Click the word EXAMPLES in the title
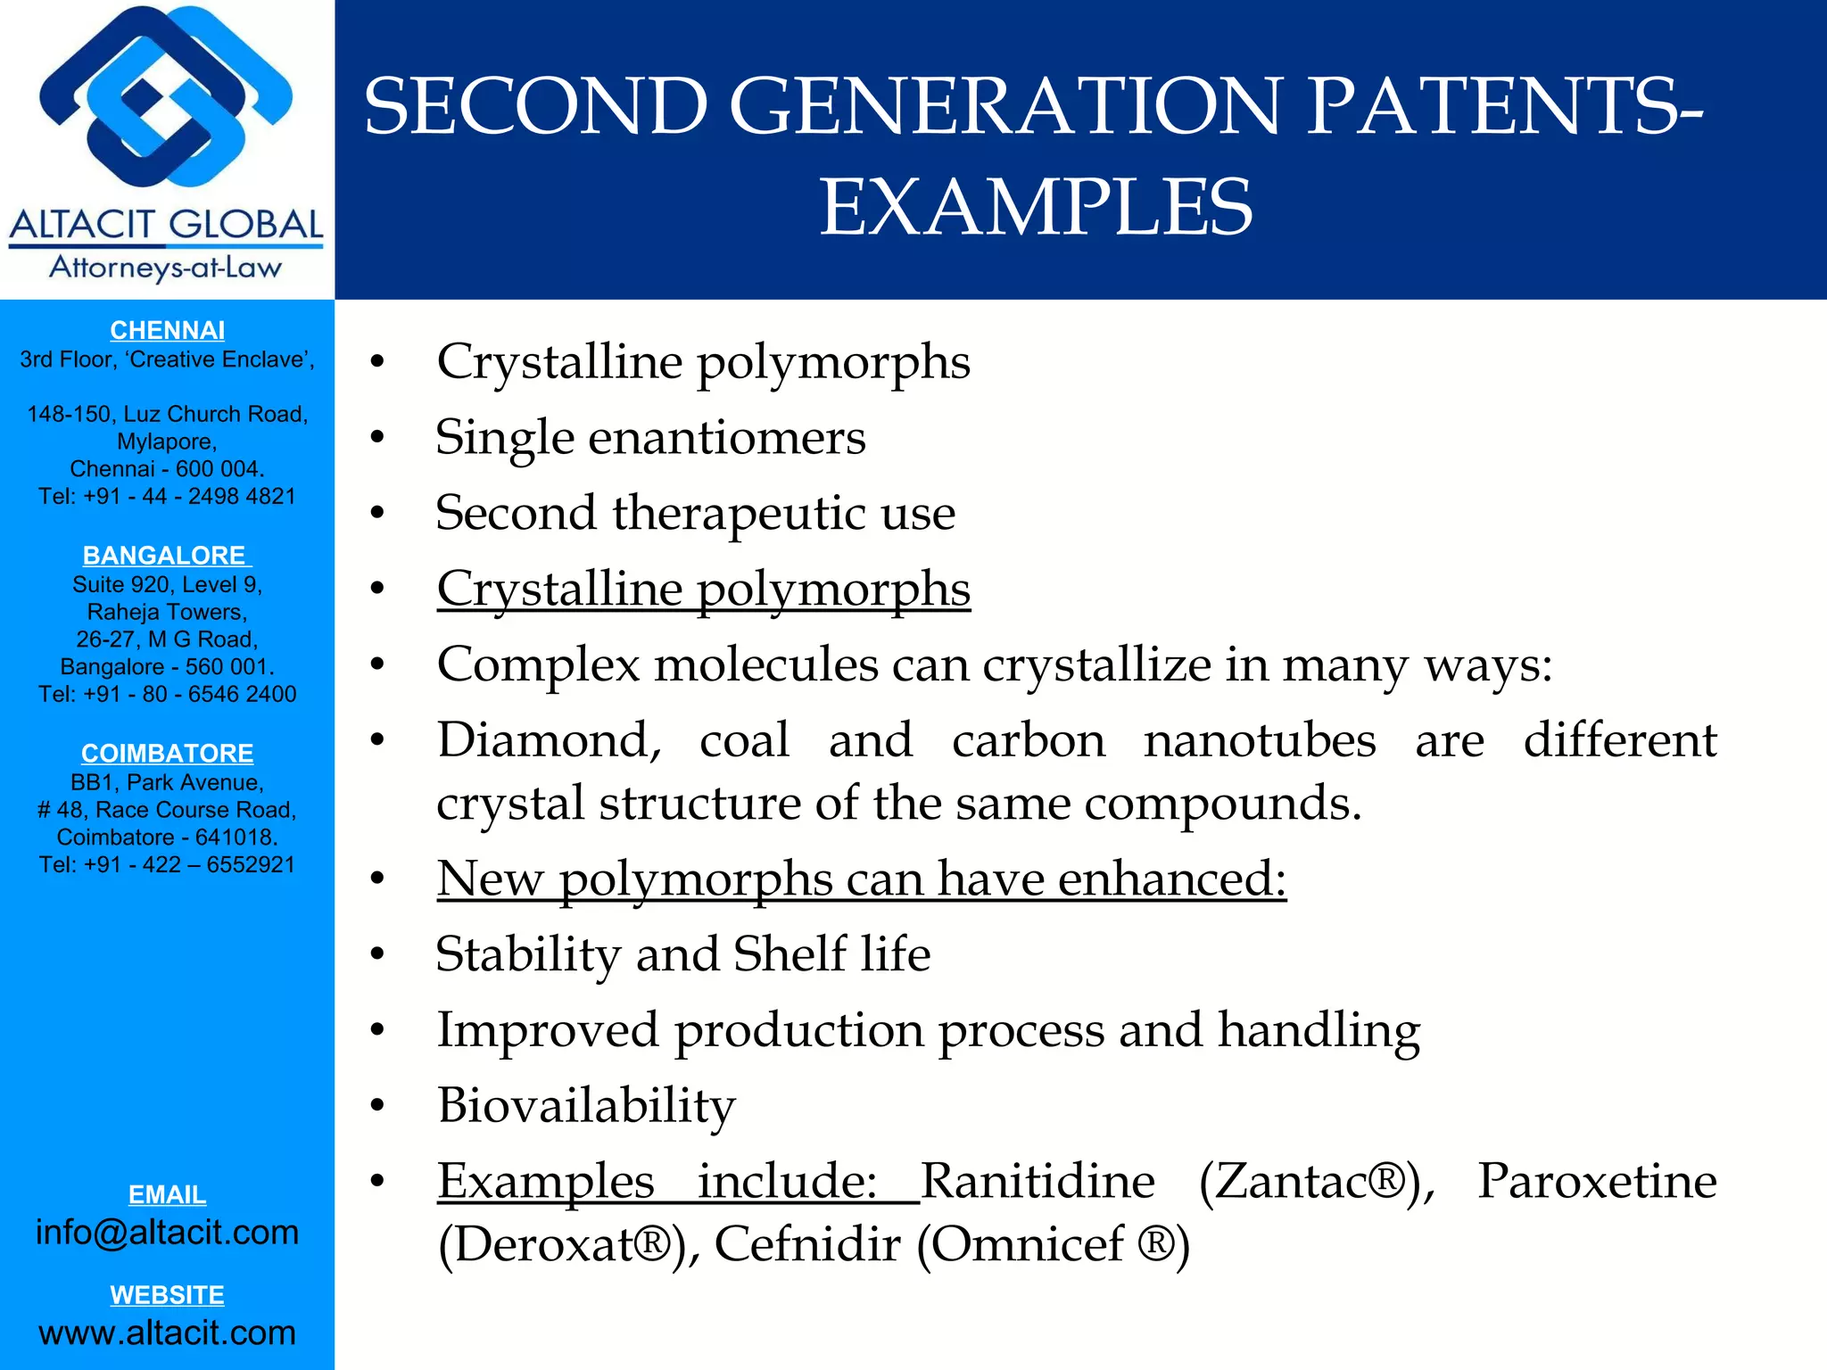(x=1036, y=207)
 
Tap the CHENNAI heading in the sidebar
(x=167, y=330)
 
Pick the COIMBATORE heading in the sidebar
(x=167, y=753)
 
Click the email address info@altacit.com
(x=167, y=1232)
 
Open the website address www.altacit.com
(x=167, y=1332)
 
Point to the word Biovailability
(x=586, y=1105)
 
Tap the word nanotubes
(x=1260, y=740)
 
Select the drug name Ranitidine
(x=1037, y=1181)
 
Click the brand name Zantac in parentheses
(x=1302, y=1181)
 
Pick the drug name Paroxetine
(x=1597, y=1181)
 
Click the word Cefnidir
(x=807, y=1243)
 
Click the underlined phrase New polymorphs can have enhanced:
(x=861, y=879)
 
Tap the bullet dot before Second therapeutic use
(x=378, y=514)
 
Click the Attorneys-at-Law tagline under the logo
(x=166, y=268)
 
